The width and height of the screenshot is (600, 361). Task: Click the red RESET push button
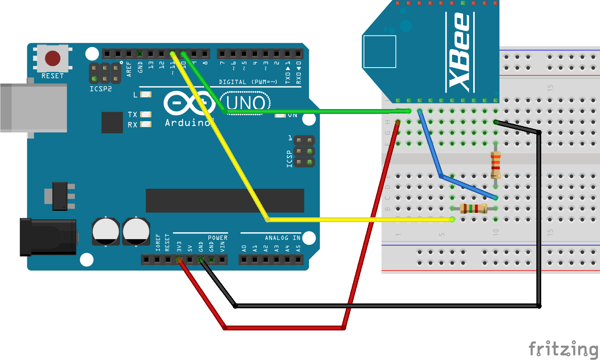tap(52, 58)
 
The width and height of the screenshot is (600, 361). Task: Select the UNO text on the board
tap(246, 103)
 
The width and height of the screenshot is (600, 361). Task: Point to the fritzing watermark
tap(563, 349)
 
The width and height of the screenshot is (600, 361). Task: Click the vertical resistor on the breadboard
tap(496, 165)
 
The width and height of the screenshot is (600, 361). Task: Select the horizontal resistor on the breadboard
tap(474, 208)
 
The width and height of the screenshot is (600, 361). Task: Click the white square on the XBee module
tap(379, 52)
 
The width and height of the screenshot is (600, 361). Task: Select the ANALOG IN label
tap(282, 238)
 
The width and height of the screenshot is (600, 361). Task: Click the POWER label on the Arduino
tap(217, 238)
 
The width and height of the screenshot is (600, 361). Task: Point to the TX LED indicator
tap(146, 115)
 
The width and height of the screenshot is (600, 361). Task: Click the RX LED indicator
tap(146, 125)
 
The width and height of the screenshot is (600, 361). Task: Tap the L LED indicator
tap(146, 95)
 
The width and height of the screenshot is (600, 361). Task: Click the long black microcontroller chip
tap(225, 200)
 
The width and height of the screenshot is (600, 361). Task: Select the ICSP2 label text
tap(101, 89)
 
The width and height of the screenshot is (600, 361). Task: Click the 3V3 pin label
tap(179, 246)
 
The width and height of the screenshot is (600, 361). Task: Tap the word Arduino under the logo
tap(188, 123)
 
